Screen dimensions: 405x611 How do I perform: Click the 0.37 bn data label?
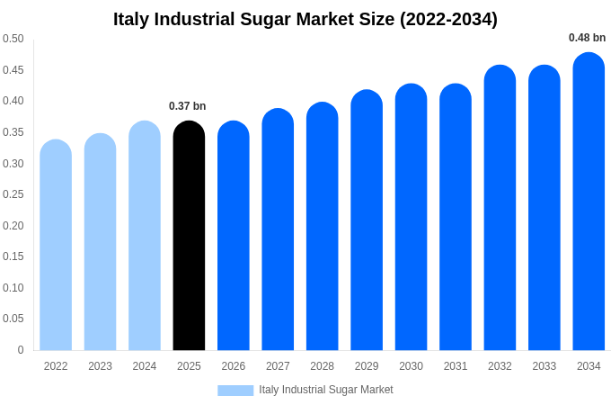click(188, 106)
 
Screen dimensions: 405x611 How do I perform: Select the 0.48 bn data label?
click(587, 38)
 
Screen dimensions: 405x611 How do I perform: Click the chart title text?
click(305, 19)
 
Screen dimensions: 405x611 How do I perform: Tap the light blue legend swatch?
click(235, 390)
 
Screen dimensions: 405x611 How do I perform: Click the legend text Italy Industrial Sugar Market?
click(326, 390)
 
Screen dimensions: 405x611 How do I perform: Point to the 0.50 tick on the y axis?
click(13, 39)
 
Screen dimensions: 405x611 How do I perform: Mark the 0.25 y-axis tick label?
click(13, 194)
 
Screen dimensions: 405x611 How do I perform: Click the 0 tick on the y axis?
click(21, 350)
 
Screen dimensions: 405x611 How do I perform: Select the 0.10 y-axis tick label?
click(13, 288)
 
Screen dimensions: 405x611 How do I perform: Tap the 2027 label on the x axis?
click(278, 366)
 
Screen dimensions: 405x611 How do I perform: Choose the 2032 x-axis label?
click(500, 366)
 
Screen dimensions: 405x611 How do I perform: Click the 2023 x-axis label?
click(100, 366)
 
